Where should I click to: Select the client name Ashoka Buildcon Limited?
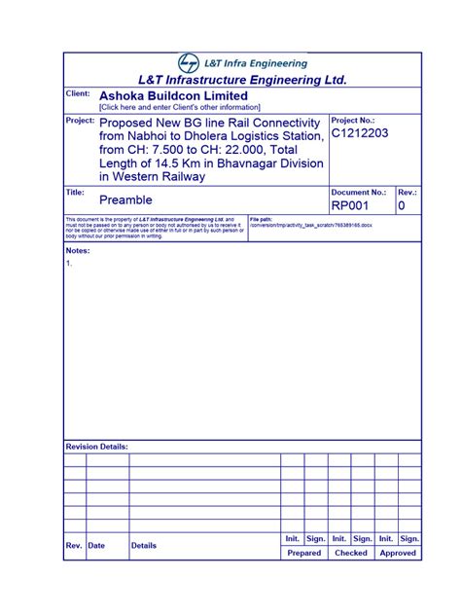click(x=173, y=96)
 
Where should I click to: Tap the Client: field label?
click(x=78, y=93)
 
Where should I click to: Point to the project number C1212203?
click(x=361, y=133)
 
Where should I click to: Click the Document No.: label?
click(x=359, y=194)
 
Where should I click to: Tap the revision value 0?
click(x=402, y=206)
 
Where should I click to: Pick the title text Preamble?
click(x=125, y=199)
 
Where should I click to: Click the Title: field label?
click(x=75, y=194)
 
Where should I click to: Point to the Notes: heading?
click(x=78, y=250)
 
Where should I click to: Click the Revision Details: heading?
click(x=97, y=447)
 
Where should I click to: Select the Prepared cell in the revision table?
click(x=303, y=553)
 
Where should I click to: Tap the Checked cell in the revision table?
click(x=350, y=553)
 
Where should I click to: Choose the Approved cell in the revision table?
click(x=398, y=553)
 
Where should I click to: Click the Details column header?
click(x=144, y=546)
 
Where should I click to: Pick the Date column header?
click(x=96, y=546)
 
